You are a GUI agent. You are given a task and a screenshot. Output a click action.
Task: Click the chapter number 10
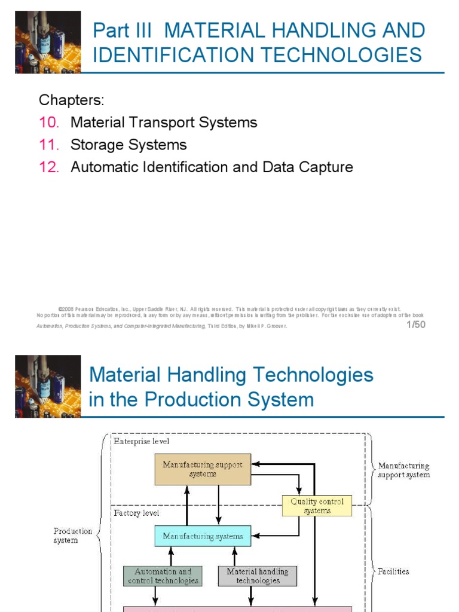49,123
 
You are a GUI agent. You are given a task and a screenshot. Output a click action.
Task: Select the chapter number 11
49,145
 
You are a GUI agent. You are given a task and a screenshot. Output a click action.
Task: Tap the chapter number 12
49,167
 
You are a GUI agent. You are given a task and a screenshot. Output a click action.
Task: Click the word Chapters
72,99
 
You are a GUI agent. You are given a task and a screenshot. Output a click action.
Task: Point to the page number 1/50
415,325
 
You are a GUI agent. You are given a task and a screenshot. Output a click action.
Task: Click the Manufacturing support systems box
203,469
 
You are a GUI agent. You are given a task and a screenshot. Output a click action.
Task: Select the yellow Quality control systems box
317,506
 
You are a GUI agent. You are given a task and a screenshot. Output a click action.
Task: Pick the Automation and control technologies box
162,576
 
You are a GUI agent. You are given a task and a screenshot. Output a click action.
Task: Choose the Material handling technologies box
258,576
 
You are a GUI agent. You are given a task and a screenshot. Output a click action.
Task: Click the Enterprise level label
142,441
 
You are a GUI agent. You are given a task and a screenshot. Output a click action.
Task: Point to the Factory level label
137,513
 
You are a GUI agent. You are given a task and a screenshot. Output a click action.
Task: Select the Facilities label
393,571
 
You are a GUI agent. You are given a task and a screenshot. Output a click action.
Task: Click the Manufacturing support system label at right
403,470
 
